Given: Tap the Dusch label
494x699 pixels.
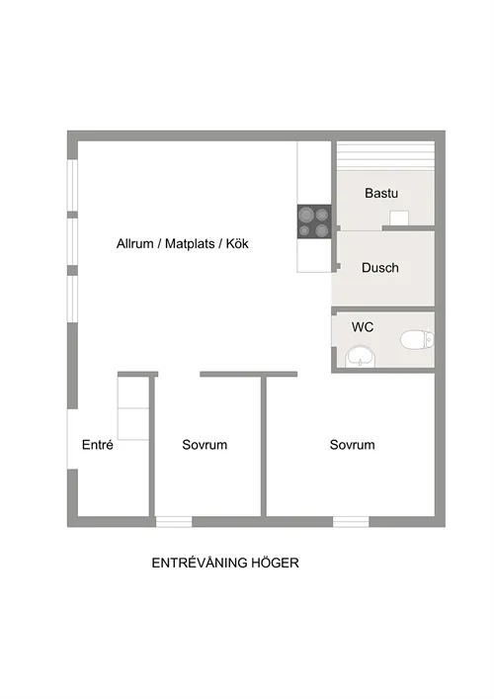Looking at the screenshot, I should (379, 268).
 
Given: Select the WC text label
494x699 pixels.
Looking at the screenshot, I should (363, 326).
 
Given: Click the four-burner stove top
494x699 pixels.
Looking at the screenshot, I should (314, 221).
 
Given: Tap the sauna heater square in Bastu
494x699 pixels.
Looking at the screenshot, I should (399, 218).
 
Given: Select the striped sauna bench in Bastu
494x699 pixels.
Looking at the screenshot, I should (385, 155).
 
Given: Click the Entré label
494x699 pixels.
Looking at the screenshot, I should (97, 445).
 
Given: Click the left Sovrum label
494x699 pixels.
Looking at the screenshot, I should (205, 445).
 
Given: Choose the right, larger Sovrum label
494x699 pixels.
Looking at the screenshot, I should (352, 445).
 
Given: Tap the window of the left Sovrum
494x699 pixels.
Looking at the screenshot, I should (174, 521).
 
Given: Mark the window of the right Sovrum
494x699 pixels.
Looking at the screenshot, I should (351, 521).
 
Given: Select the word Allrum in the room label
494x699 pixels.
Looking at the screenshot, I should (135, 243).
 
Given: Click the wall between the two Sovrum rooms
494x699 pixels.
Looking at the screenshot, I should (264, 445).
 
